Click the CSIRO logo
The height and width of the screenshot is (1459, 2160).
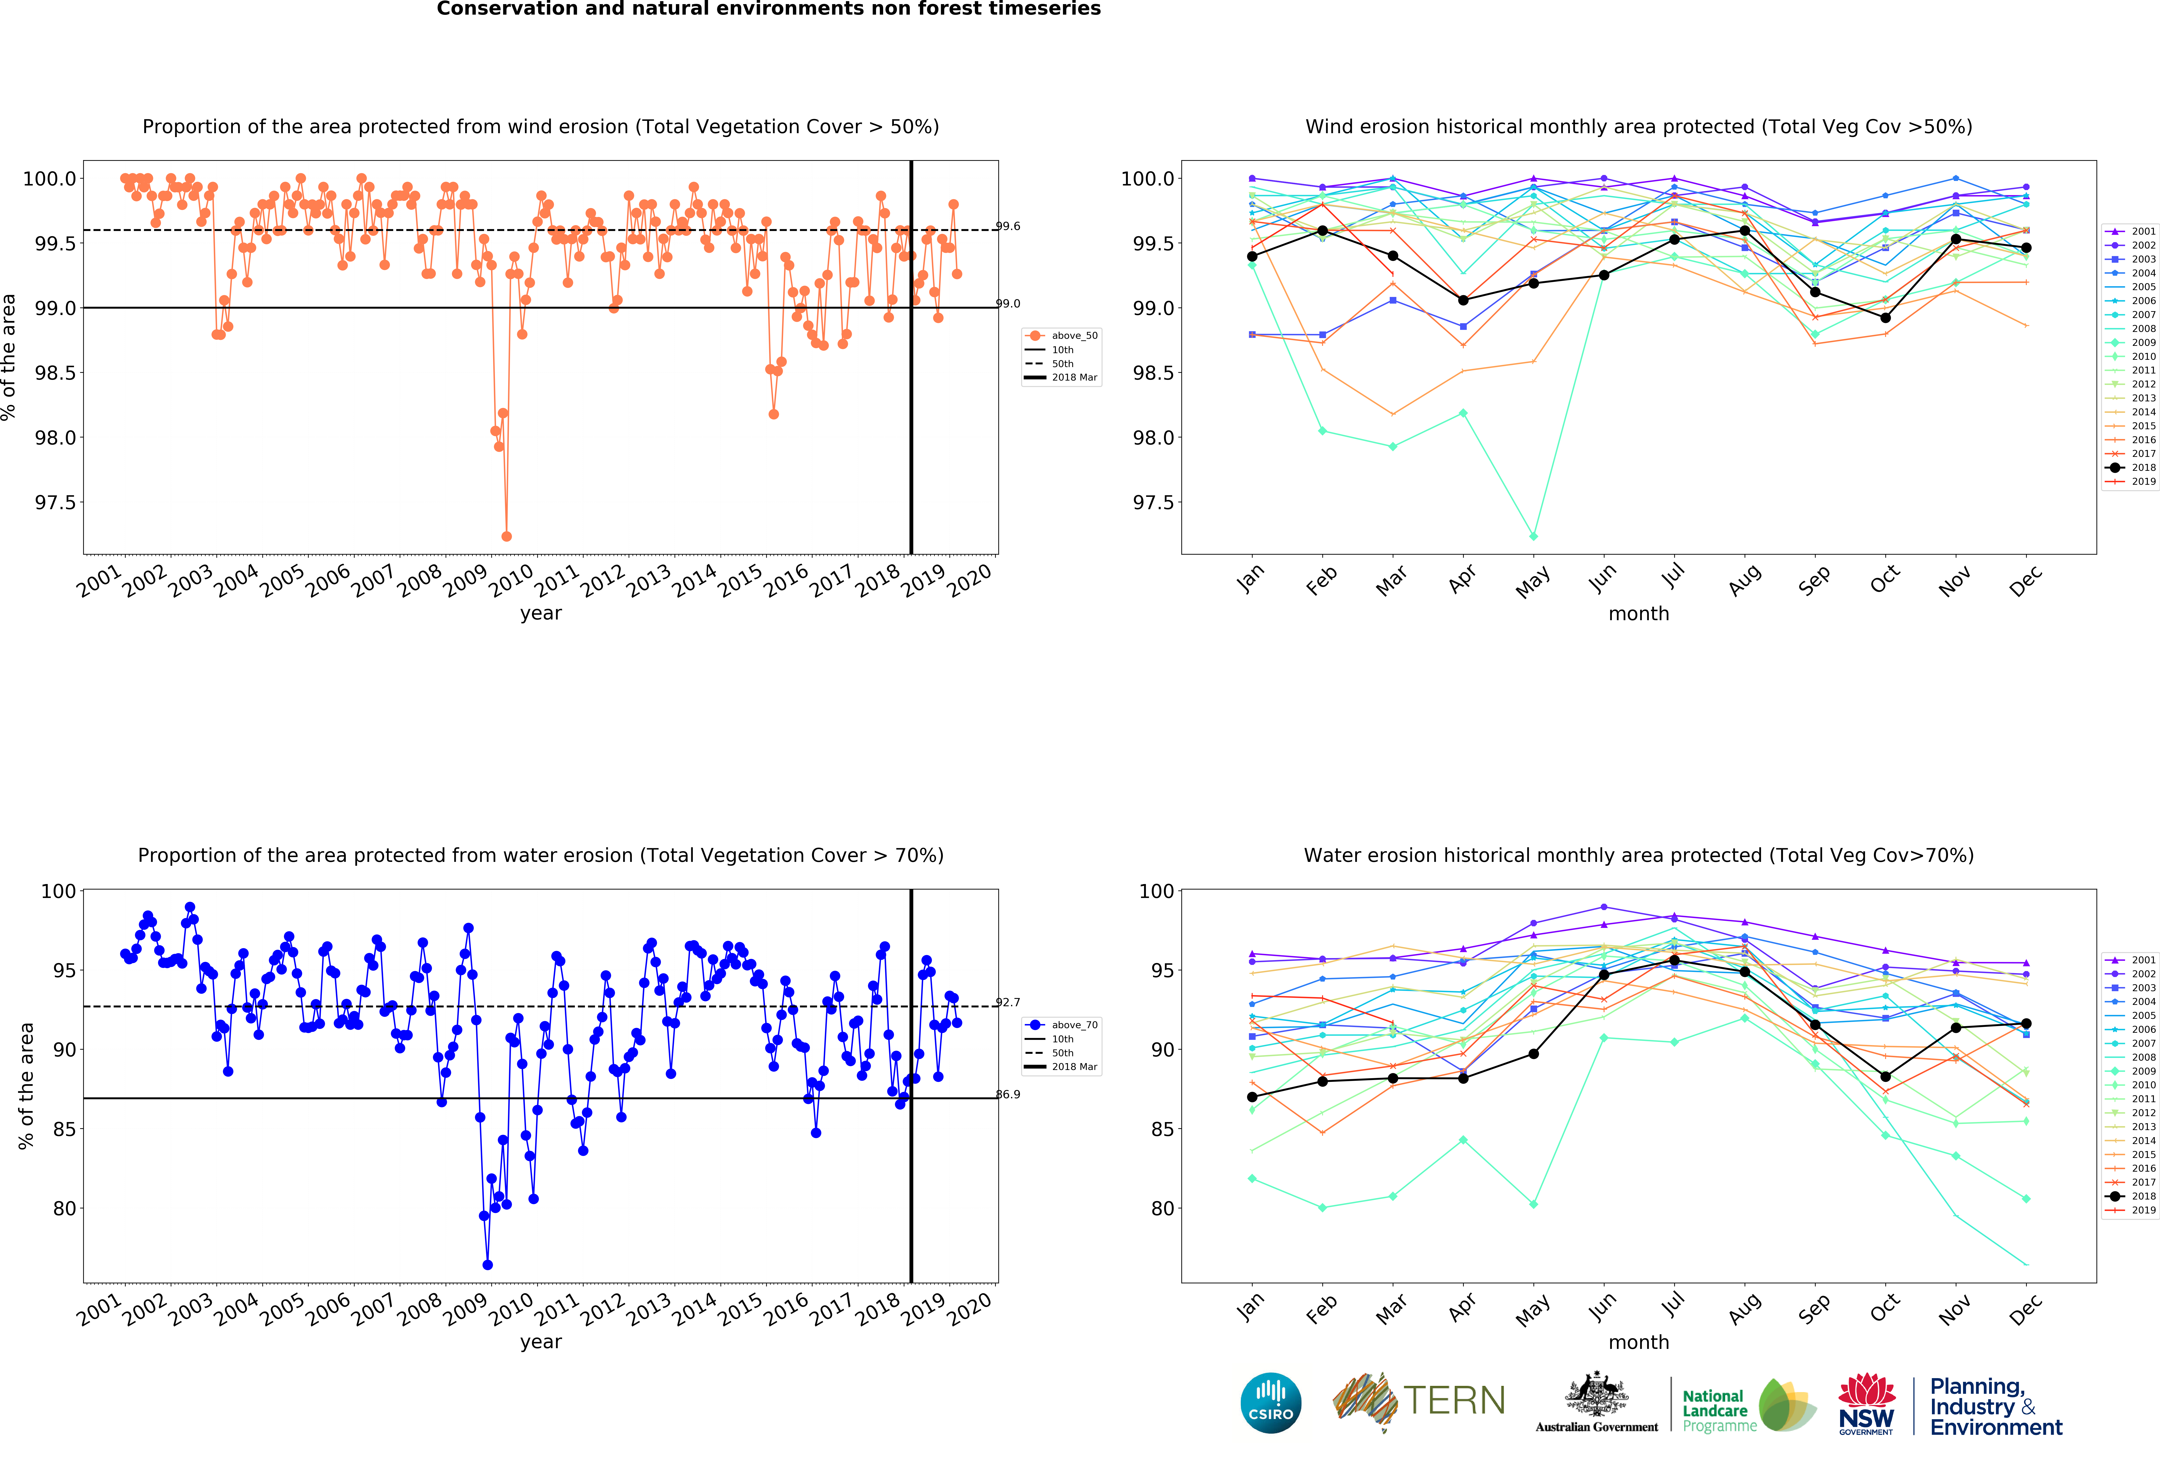(x=1270, y=1402)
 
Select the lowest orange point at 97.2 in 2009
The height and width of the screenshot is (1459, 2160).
(x=507, y=536)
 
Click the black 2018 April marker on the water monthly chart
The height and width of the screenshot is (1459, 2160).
(x=1463, y=1078)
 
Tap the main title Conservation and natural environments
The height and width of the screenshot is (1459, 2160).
(x=769, y=9)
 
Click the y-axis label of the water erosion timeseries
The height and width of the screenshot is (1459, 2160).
(x=26, y=1086)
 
